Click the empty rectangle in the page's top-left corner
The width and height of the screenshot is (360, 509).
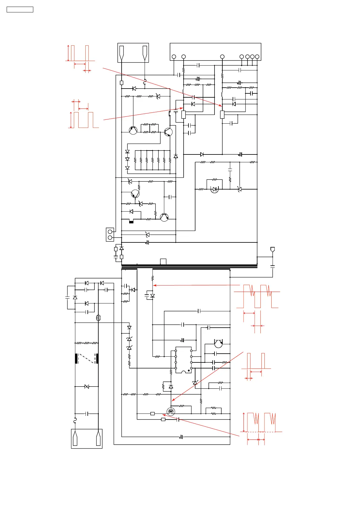(x=20, y=10)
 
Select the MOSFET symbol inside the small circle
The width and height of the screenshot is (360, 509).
(x=171, y=411)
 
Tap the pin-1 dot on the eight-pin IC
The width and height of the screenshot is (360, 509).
(x=189, y=370)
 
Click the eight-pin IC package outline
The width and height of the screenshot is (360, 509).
(x=184, y=360)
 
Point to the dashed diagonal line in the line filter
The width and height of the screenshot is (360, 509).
(x=87, y=358)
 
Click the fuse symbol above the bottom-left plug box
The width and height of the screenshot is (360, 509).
(x=75, y=420)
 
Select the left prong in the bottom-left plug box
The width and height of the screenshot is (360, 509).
(x=75, y=440)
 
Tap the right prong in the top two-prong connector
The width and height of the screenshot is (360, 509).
(x=145, y=52)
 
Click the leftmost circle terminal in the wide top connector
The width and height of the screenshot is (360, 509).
(x=174, y=57)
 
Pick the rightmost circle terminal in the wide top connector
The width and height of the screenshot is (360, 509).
(x=257, y=57)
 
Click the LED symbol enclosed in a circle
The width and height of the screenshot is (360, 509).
(x=214, y=190)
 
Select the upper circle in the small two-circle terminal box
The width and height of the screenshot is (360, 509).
(x=110, y=232)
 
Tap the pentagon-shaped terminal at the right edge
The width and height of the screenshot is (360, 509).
(x=273, y=250)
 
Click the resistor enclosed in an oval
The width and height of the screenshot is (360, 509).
(x=98, y=318)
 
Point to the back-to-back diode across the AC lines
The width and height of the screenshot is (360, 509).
(x=87, y=387)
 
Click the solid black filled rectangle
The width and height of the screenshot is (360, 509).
(x=131, y=222)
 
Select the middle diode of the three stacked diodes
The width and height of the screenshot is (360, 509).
(x=127, y=159)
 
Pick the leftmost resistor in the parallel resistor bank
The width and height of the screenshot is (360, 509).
(x=135, y=160)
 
